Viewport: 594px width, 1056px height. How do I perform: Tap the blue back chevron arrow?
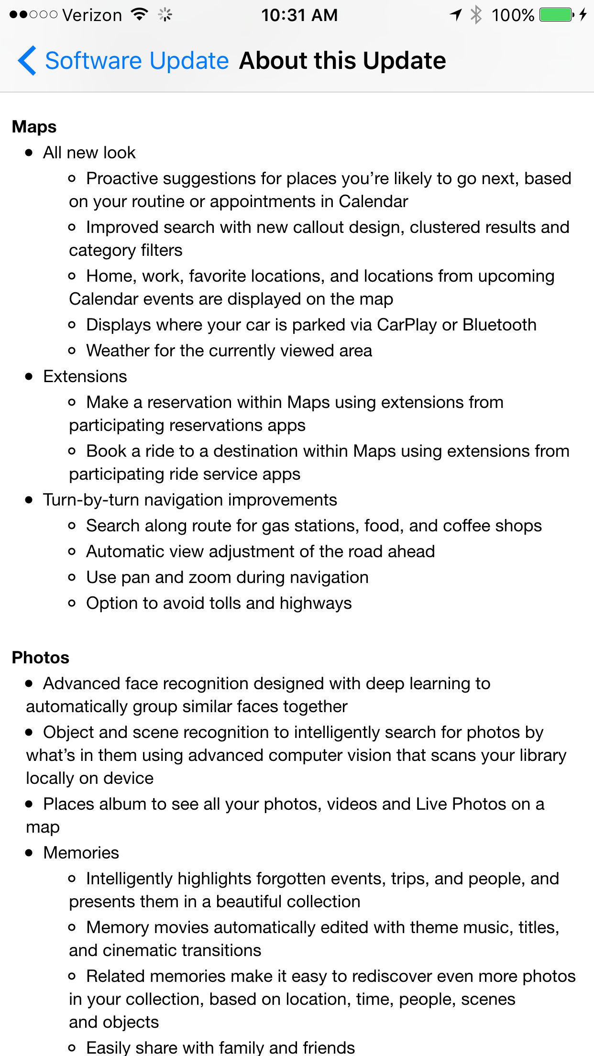pos(27,61)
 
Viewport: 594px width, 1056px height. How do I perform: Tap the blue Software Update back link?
pos(137,61)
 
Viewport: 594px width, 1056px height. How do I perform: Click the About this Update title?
pos(342,61)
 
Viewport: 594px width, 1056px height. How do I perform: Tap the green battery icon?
pos(556,15)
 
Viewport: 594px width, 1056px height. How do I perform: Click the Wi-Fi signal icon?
pos(139,14)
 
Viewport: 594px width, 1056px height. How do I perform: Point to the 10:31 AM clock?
pos(299,15)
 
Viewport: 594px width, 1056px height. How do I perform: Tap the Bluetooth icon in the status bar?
pos(476,15)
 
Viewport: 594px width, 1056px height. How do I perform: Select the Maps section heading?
pos(34,127)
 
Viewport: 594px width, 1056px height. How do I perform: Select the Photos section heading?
pos(41,658)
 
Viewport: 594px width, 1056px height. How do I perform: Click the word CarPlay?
pos(407,325)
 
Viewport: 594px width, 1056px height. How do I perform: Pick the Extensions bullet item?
pos(85,376)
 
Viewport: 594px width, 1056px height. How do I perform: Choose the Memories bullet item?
pos(81,853)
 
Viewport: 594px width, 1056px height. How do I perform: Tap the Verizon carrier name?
pos(92,15)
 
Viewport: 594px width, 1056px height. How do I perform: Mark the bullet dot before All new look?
pos(30,153)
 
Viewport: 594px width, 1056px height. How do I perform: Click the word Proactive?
pos(122,178)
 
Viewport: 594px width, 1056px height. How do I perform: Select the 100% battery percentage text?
pos(513,15)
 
